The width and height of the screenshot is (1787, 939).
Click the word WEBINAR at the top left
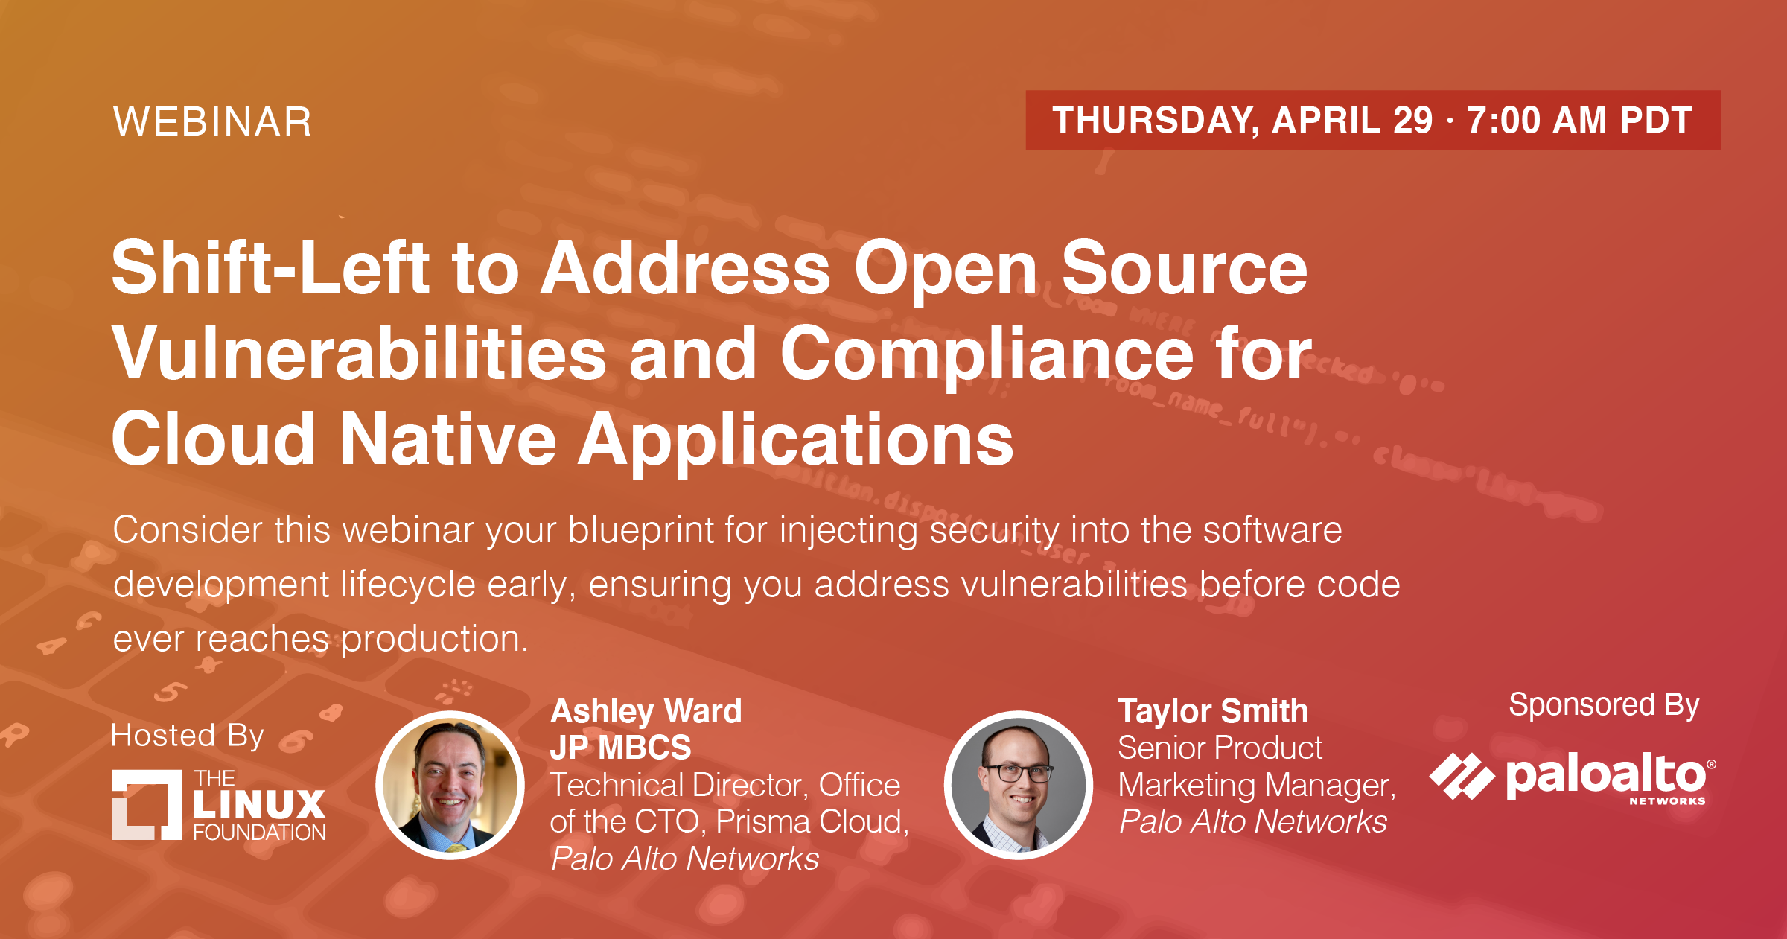pyautogui.click(x=212, y=121)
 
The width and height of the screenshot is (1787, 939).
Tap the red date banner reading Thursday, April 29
pyautogui.click(x=1373, y=120)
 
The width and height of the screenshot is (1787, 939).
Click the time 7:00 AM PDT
pyautogui.click(x=1580, y=121)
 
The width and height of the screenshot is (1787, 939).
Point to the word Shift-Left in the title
pyautogui.click(x=270, y=267)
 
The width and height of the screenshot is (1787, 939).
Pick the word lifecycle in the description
pyautogui.click(x=408, y=585)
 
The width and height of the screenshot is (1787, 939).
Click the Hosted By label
pyautogui.click(x=188, y=736)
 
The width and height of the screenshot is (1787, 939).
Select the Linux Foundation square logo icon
pyautogui.click(x=147, y=805)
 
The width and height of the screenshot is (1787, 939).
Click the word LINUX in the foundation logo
pyautogui.click(x=259, y=804)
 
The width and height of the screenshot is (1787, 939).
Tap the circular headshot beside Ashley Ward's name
pyautogui.click(x=450, y=785)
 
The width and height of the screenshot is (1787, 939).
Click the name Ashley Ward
pyautogui.click(x=646, y=711)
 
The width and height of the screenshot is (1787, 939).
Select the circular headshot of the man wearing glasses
pyautogui.click(x=1018, y=785)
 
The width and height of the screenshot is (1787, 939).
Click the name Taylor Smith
pyautogui.click(x=1213, y=711)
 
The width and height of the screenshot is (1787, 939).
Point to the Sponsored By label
pyautogui.click(x=1604, y=705)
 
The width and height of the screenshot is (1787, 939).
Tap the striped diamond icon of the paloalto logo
pyautogui.click(x=1462, y=777)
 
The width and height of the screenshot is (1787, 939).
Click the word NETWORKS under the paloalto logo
pyautogui.click(x=1667, y=801)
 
